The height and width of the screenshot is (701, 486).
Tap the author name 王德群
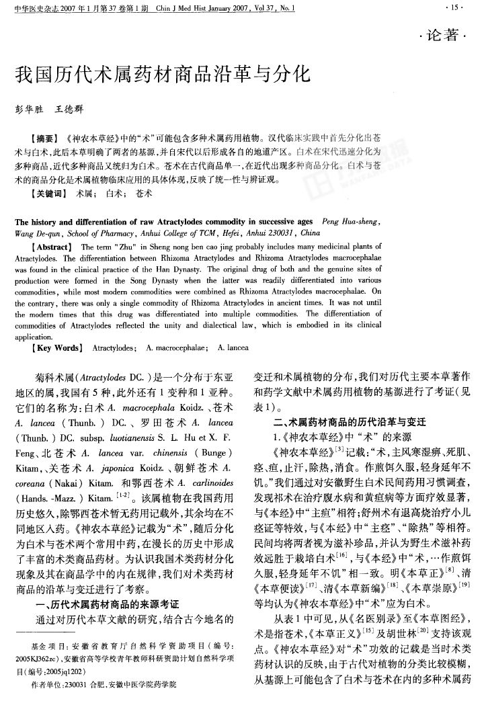point(69,108)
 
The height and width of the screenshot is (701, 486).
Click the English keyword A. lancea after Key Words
point(234,348)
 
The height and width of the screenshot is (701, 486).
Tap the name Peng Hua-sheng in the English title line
point(352,222)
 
